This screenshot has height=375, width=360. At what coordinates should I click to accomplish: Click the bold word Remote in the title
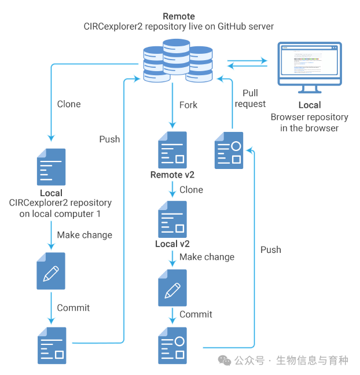click(178, 16)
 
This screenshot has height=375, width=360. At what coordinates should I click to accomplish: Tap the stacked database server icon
click(178, 60)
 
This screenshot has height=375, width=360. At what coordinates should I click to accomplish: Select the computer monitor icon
click(309, 67)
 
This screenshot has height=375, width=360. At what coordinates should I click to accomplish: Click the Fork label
click(188, 105)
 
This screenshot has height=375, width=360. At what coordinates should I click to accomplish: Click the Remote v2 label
click(172, 175)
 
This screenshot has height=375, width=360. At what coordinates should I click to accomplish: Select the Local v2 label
click(172, 244)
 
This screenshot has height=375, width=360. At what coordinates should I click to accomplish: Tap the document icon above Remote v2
click(172, 150)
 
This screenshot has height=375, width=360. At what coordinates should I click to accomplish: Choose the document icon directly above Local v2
click(172, 219)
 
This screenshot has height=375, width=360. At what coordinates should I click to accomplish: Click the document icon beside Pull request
click(229, 150)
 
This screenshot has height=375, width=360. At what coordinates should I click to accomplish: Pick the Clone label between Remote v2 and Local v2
click(191, 189)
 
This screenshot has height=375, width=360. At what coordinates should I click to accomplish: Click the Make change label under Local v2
click(207, 257)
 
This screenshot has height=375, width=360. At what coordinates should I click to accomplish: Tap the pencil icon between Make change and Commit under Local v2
click(172, 288)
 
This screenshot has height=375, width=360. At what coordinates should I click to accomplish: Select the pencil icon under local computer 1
click(51, 270)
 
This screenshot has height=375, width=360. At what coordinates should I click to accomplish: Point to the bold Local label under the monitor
click(309, 105)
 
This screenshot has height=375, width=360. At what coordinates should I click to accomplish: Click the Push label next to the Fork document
click(109, 139)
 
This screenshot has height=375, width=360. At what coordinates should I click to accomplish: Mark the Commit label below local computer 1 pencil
click(74, 308)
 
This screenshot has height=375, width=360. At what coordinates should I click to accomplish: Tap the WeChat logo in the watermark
click(224, 361)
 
